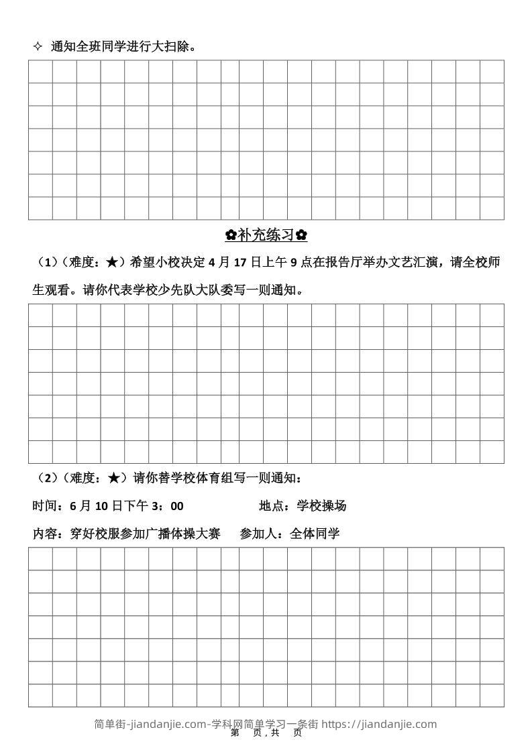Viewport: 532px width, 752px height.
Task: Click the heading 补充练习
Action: (x=266, y=235)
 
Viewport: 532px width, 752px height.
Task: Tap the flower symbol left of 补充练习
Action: (x=231, y=235)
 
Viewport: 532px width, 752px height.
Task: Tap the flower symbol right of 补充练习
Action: (x=302, y=235)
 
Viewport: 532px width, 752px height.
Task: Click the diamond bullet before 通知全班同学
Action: (x=38, y=46)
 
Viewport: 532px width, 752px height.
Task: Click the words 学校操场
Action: (x=321, y=506)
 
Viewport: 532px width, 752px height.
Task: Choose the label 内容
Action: (x=44, y=534)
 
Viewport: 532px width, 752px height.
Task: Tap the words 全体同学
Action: (x=315, y=534)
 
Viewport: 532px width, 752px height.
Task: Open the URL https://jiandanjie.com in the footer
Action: (x=379, y=724)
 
